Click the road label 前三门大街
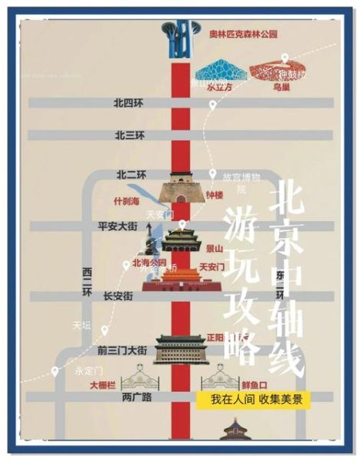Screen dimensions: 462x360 click(122, 350)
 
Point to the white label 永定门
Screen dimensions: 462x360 click(87, 369)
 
